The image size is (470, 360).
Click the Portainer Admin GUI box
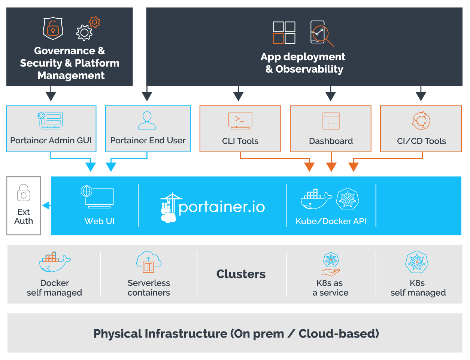(x=51, y=129)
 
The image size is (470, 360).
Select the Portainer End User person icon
(x=147, y=120)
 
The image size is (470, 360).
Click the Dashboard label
(x=331, y=141)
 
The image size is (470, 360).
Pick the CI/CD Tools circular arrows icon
(x=421, y=120)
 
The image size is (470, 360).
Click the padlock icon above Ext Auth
(x=24, y=193)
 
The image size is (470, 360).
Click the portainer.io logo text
(x=222, y=207)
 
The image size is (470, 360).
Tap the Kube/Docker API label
(x=331, y=221)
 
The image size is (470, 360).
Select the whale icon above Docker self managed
(x=55, y=262)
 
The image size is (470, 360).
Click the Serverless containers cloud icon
(x=149, y=262)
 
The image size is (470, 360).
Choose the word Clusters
(x=241, y=274)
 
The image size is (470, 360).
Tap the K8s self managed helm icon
(x=417, y=262)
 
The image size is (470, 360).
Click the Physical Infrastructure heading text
(x=236, y=333)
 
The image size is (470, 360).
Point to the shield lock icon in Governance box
(x=53, y=28)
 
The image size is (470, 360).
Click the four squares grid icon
(x=284, y=33)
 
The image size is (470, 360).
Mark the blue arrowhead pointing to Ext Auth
(x=46, y=205)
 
